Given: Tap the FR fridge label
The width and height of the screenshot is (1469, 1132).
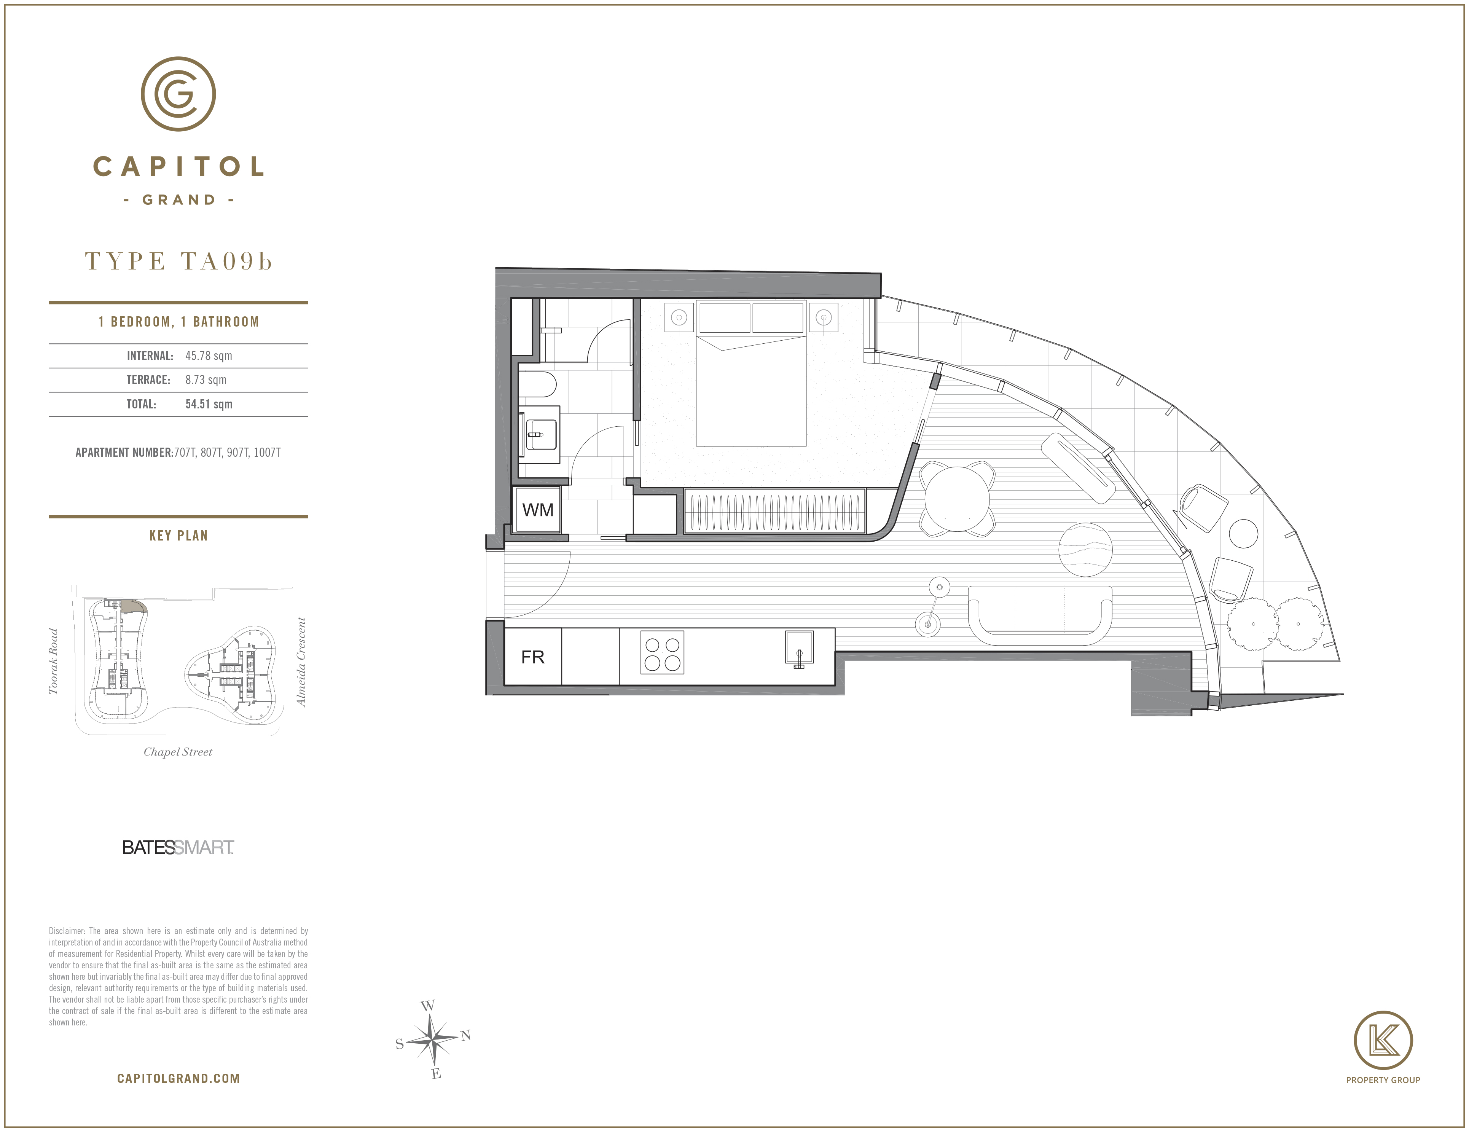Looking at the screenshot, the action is pos(533,657).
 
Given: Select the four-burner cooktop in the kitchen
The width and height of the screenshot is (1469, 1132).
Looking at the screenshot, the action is pos(662,652).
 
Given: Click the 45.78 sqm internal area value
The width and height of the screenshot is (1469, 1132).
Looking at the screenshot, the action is pos(209,356).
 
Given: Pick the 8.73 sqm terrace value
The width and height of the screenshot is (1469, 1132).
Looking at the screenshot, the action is pos(206,380).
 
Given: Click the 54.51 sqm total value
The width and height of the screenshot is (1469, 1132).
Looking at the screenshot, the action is pos(209,404).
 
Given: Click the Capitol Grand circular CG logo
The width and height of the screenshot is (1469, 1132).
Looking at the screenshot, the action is pos(178,94).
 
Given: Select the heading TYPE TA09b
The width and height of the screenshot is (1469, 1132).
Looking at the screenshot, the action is pos(178,261).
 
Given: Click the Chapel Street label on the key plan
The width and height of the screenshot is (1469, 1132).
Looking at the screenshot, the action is pos(178,752).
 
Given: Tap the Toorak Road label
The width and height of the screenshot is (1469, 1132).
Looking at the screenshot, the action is pos(53,661).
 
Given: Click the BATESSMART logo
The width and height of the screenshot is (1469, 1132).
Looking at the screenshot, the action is pos(178,848).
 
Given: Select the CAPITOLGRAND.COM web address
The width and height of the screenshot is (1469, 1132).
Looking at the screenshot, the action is pos(178,1079).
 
